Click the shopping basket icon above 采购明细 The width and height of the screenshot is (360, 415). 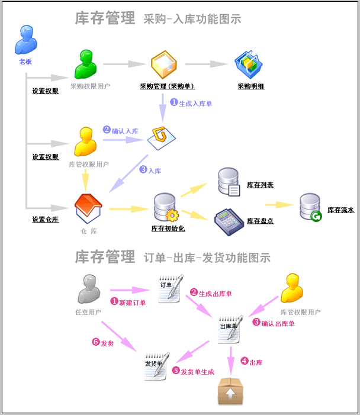click(x=249, y=64)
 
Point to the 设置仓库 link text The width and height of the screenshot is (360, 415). click(x=45, y=219)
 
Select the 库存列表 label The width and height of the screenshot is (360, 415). click(x=261, y=185)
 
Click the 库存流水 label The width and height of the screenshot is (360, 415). click(x=340, y=210)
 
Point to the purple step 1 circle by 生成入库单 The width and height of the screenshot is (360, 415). click(x=174, y=102)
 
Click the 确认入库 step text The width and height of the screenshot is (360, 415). click(x=125, y=130)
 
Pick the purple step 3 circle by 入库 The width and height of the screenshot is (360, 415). click(x=143, y=170)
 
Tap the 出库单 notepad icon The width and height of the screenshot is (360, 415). click(x=230, y=329)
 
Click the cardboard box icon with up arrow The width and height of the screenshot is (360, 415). click(x=230, y=391)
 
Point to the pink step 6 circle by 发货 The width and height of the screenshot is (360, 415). click(x=95, y=342)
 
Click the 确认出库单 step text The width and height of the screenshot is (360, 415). click(x=278, y=323)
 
